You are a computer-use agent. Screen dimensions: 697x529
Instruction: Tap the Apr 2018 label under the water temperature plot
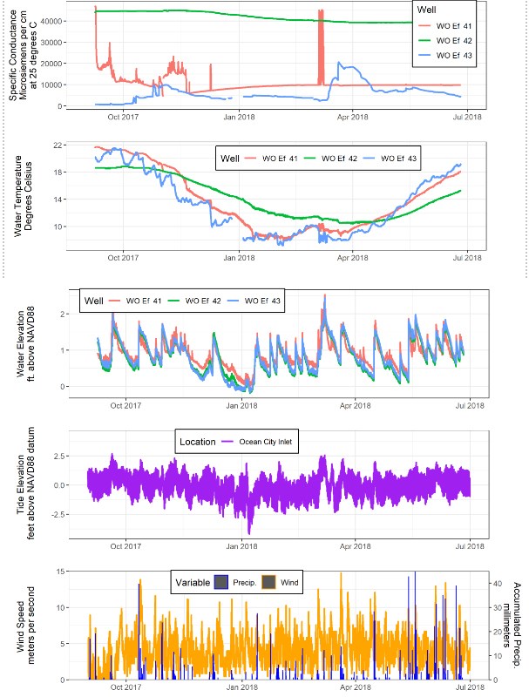click(352, 258)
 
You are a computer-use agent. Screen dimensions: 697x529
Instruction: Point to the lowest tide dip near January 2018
click(249, 531)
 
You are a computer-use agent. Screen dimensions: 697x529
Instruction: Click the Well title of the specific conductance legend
click(426, 10)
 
